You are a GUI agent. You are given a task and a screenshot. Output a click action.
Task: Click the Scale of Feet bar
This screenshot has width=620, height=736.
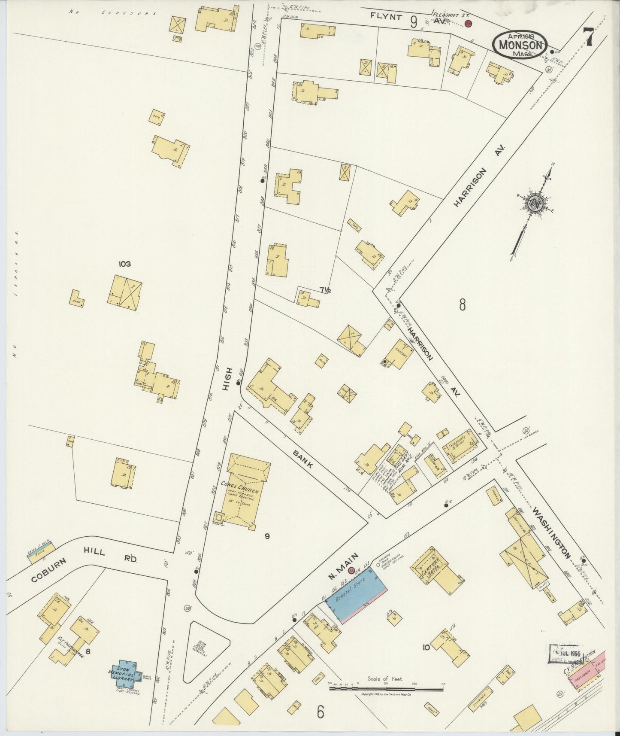(386, 689)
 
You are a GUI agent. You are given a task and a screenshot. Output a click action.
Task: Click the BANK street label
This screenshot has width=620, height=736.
(303, 460)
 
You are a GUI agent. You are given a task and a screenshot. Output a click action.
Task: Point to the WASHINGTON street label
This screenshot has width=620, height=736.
(552, 532)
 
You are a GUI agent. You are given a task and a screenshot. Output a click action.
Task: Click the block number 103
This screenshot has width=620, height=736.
(125, 264)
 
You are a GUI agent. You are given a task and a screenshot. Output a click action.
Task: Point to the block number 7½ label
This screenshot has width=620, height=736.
(325, 290)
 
